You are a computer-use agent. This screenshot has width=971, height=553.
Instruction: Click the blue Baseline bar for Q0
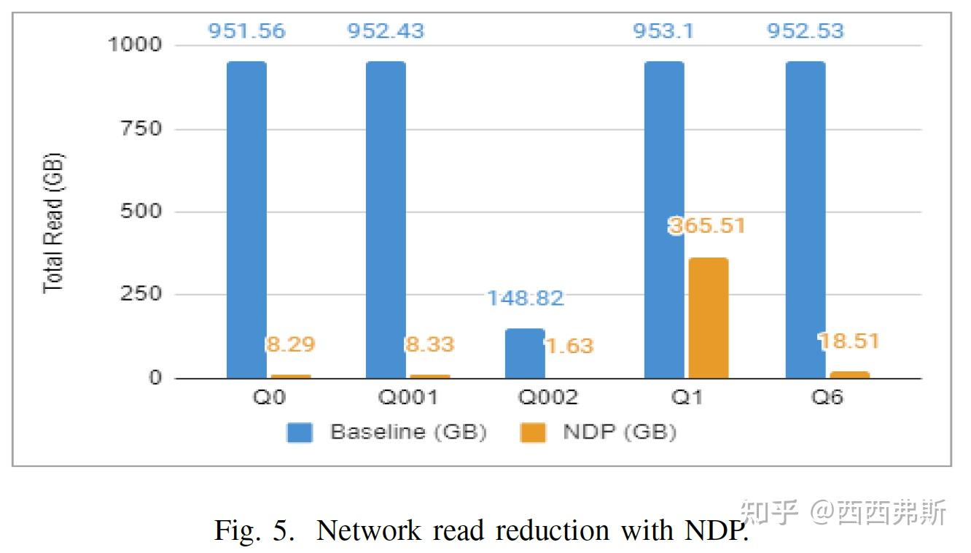[246, 219]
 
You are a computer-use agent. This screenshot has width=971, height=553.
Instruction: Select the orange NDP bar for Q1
[707, 318]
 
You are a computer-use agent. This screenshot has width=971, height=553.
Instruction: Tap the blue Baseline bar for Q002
[525, 353]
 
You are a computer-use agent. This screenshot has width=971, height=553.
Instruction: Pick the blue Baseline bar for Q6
[806, 219]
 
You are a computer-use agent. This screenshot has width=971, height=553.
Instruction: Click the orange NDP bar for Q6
[849, 375]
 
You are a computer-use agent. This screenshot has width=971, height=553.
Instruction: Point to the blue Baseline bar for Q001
[386, 219]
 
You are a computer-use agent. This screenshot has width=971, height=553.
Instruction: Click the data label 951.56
[246, 31]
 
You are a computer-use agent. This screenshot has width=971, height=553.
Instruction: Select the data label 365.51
[707, 225]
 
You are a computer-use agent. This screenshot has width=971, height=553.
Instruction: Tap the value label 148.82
[525, 298]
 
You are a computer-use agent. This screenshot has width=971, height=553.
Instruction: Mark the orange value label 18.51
[849, 341]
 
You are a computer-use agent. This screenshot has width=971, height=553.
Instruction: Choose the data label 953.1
[664, 31]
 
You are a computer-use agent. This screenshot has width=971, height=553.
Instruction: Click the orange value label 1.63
[569, 345]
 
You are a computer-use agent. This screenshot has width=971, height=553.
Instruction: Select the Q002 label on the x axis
[547, 398]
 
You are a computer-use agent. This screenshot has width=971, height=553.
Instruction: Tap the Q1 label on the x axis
[687, 398]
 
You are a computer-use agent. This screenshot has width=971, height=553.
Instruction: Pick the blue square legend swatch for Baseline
[300, 432]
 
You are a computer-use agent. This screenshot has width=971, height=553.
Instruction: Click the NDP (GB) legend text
[620, 432]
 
